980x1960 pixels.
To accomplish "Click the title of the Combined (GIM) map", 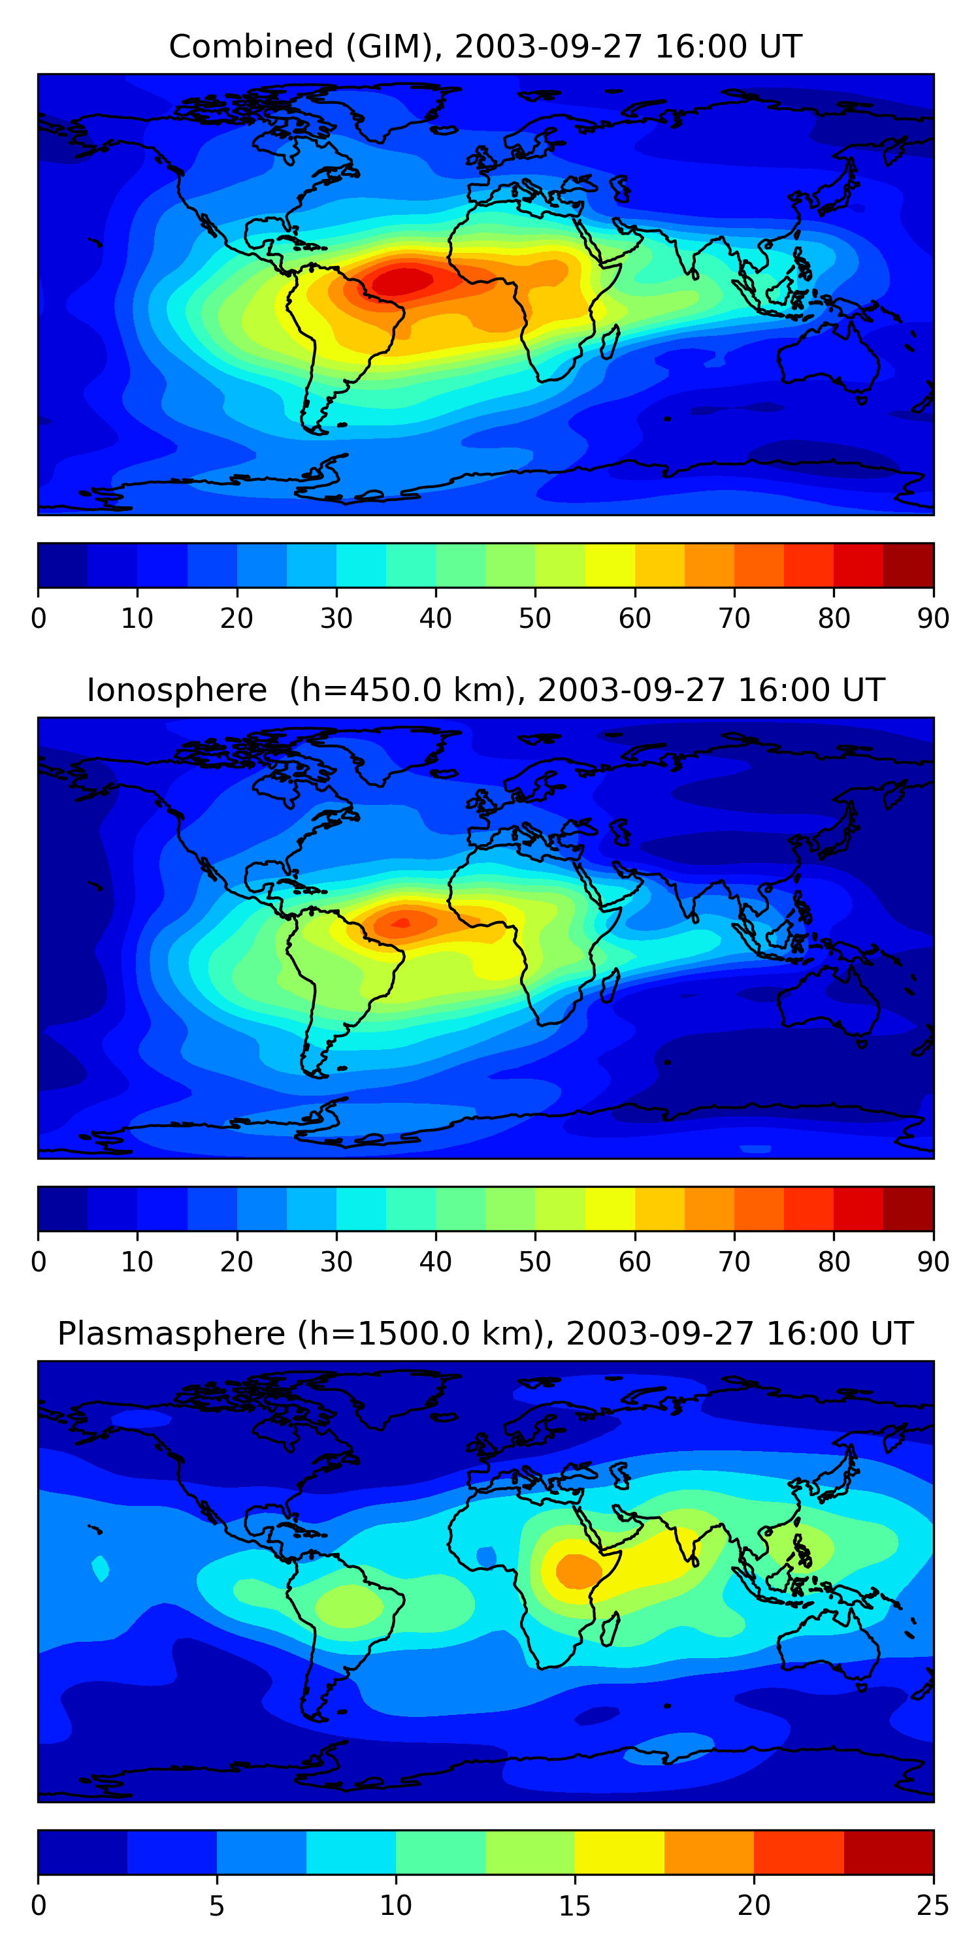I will [x=485, y=46].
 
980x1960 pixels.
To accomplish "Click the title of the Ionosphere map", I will [x=485, y=690].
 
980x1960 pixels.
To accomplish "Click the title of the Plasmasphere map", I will [x=485, y=1334].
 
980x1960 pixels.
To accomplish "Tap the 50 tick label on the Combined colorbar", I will [x=534, y=619].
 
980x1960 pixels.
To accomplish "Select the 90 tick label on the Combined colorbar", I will [x=933, y=619].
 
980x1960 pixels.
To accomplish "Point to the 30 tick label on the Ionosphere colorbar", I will [x=336, y=1262].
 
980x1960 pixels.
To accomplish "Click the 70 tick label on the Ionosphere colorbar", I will [x=734, y=1262].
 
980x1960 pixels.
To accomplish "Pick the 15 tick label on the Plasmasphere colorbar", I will [x=574, y=1906].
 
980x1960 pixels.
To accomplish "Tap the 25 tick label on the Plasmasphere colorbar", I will [x=933, y=1906].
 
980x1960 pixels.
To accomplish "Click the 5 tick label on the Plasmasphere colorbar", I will [x=217, y=1906].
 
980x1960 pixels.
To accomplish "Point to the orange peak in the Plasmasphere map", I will [x=578, y=1571].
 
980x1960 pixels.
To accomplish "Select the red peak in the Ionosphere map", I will [x=401, y=924].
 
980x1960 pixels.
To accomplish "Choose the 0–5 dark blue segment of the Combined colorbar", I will [x=62, y=564].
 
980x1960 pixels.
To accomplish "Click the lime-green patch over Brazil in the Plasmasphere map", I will [x=348, y=1605].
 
